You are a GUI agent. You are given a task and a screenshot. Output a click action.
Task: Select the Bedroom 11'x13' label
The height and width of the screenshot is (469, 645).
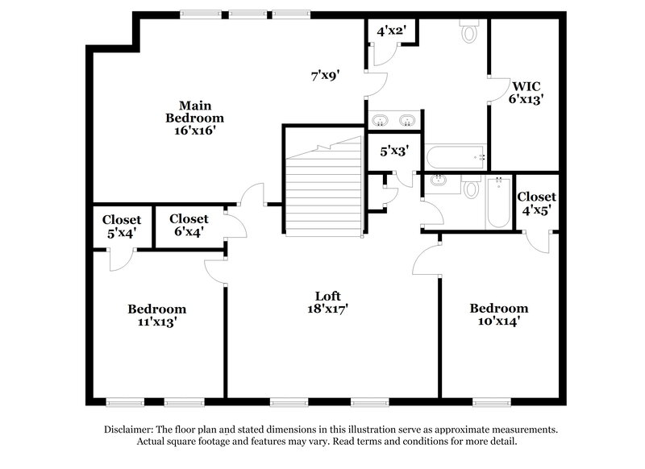point(157,315)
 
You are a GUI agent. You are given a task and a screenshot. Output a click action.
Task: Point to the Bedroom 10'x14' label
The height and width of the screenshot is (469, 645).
point(499,314)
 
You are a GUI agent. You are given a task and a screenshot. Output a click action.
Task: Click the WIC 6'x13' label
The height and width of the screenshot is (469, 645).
point(526,92)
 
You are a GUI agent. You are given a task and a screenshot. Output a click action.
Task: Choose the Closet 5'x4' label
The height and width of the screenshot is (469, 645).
point(122,225)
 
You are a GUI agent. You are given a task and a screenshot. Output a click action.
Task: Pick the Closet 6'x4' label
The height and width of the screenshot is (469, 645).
point(189,224)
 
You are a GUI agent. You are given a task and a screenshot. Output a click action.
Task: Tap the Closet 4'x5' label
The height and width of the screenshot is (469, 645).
point(536,203)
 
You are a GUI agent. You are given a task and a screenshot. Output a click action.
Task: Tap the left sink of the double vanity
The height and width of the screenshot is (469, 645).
point(381,121)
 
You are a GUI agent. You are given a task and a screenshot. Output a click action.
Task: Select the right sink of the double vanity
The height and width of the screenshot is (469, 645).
point(407,121)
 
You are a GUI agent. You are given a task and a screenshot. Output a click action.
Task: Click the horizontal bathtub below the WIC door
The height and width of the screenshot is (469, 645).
point(455,156)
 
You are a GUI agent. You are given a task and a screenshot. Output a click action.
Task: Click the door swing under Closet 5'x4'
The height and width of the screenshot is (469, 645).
point(120,259)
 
